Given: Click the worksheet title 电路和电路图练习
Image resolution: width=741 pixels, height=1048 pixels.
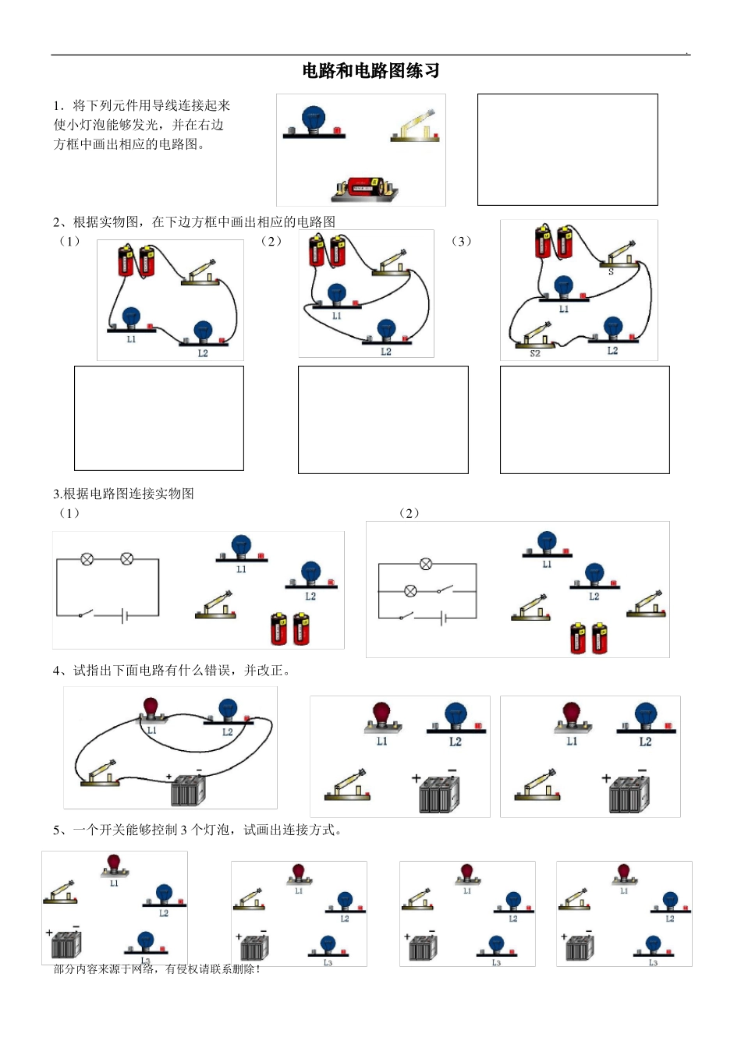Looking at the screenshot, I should tap(370, 71).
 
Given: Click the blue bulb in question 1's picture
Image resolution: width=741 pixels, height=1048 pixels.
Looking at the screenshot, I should tap(313, 120).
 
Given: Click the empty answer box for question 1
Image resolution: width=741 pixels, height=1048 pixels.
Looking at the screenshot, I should tap(567, 150).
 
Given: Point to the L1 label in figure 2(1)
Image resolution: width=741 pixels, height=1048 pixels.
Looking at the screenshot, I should tap(131, 339).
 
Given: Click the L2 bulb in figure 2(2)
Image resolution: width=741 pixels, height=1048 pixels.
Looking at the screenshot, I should tap(386, 330).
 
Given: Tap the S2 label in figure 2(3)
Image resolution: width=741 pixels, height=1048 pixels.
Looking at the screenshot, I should tap(535, 353).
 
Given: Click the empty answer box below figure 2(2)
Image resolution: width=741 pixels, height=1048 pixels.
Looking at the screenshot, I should tap(383, 420).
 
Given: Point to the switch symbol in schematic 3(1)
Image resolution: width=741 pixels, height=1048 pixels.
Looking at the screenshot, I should tap(86, 614).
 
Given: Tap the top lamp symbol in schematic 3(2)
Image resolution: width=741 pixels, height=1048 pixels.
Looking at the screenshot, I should tap(426, 564).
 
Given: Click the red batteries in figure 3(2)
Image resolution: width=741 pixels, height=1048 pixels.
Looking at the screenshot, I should tap(588, 637).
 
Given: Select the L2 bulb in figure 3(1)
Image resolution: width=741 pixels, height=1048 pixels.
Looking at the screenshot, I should tap(310, 574).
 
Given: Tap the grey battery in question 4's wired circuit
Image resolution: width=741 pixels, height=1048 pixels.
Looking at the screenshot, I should tap(187, 789).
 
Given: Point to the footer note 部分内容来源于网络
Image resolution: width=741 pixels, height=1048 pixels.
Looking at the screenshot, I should tap(156, 968).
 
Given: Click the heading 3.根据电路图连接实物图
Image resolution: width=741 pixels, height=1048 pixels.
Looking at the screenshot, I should tap(123, 494).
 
